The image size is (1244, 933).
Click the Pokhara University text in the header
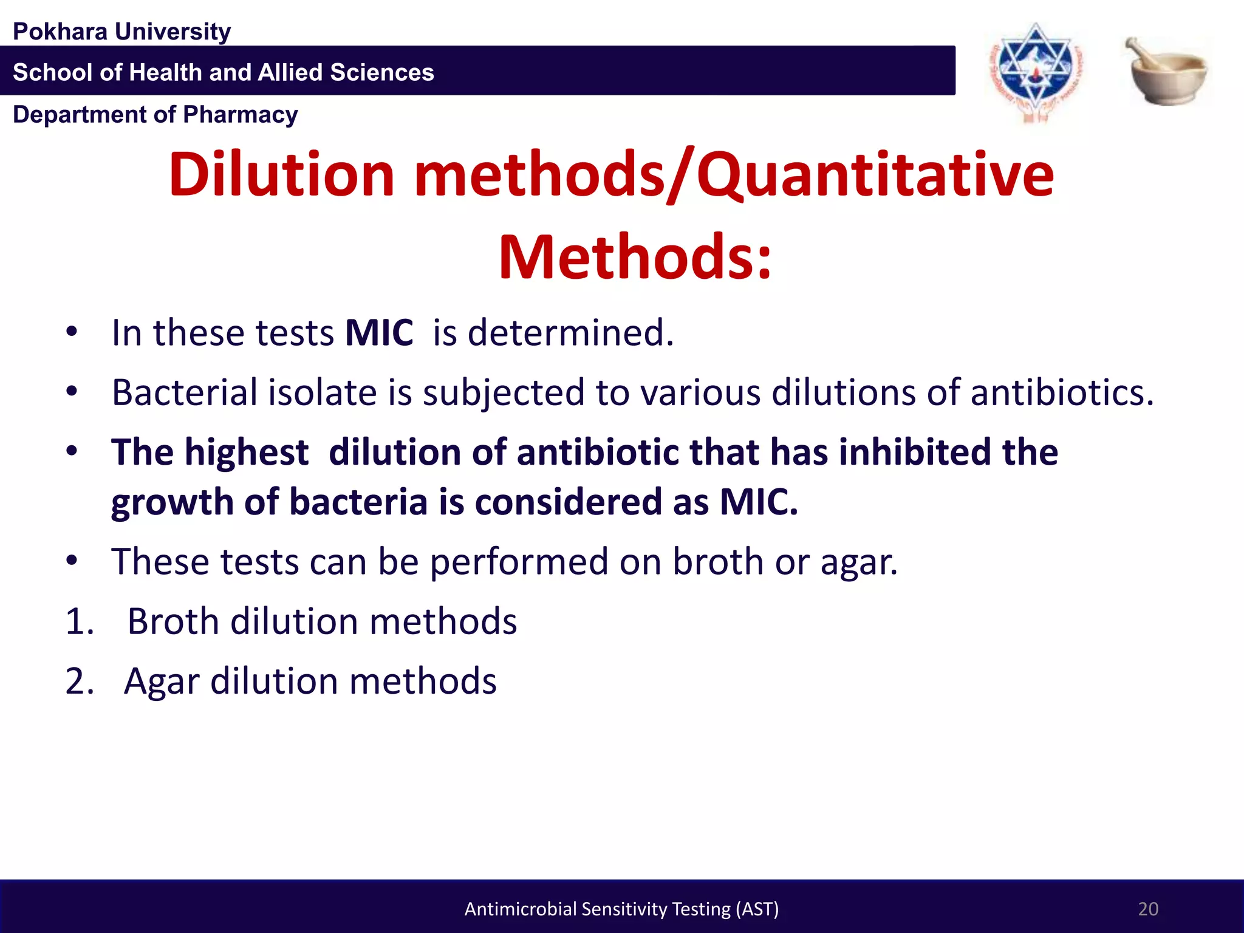coord(121,32)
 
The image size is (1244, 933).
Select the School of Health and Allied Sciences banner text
coord(224,72)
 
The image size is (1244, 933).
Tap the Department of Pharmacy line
coord(155,115)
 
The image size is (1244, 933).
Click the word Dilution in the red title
coord(282,175)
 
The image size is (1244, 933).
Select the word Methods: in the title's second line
coord(635,258)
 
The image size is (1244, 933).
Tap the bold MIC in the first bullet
coord(379,333)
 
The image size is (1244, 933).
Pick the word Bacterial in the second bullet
coord(184,392)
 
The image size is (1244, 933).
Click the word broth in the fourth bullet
coord(717,561)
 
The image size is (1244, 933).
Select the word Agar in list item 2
coord(162,682)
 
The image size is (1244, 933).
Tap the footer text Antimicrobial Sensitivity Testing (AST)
coord(621,909)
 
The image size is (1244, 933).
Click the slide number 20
coord(1147,909)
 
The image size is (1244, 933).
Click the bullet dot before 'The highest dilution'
coord(72,452)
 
